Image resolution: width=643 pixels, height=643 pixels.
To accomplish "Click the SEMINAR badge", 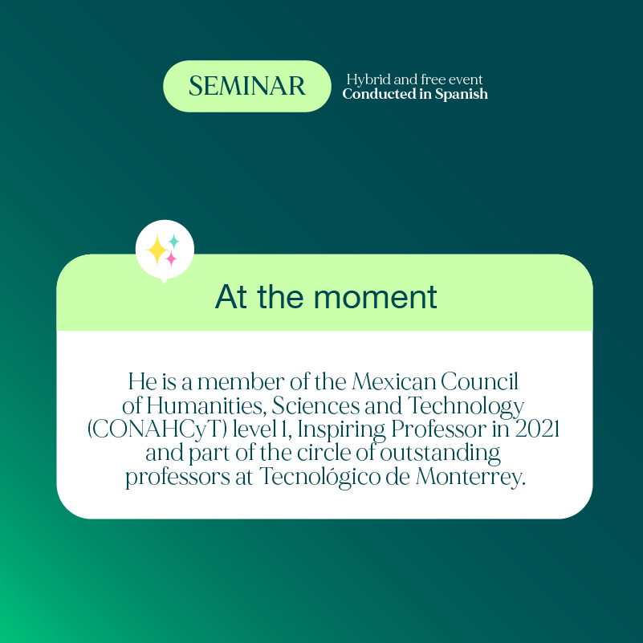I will point(247,86).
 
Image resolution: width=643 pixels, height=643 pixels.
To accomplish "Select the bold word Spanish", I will point(462,94).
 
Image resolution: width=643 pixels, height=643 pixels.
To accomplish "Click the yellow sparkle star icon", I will point(157,250).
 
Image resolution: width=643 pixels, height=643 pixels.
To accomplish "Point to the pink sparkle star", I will point(171,258).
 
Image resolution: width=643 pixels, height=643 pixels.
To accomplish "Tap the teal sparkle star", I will point(173,241).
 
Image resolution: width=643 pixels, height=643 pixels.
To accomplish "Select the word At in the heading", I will point(231,297).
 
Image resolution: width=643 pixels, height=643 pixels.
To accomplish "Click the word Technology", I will point(474,405).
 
